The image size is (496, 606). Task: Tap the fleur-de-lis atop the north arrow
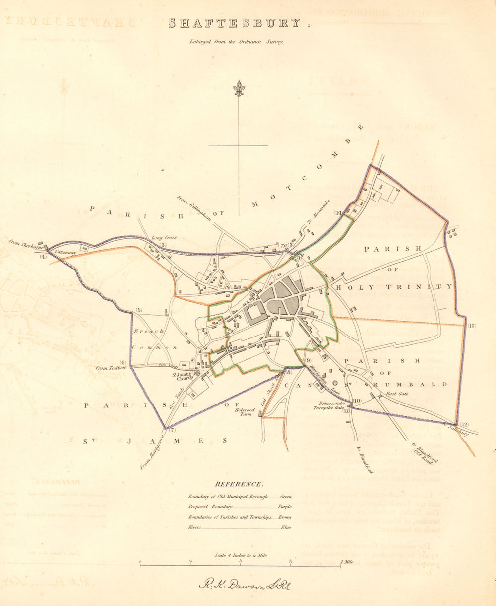pos(239,88)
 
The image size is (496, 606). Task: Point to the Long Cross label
pos(164,238)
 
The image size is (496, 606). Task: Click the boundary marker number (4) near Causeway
pos(43,257)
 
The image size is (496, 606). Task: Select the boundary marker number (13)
pos(471,326)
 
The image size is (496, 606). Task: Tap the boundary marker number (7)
pos(172,430)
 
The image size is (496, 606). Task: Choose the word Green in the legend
pos(286,496)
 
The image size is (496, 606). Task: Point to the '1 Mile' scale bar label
pos(347,562)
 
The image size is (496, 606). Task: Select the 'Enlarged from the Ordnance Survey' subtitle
pos(236,42)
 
